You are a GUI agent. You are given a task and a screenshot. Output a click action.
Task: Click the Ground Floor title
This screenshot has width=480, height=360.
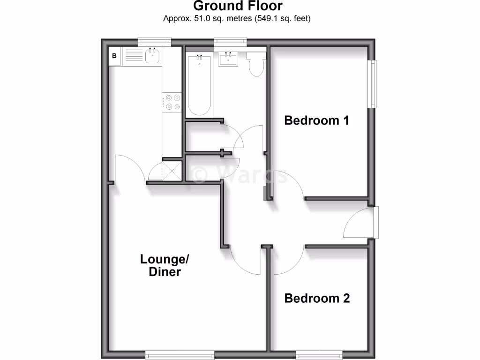click(238, 6)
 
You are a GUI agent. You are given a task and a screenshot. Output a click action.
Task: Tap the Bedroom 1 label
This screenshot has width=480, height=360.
click(317, 120)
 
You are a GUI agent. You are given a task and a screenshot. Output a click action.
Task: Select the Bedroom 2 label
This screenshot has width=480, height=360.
click(317, 298)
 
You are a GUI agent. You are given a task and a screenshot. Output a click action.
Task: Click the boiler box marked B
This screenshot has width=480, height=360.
click(114, 57)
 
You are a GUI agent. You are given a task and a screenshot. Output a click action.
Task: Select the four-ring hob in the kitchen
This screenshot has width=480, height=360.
click(172, 102)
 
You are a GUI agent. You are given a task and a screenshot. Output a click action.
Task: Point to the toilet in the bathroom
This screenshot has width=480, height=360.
click(256, 66)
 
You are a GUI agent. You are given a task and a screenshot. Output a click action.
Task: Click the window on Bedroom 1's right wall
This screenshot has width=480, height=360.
click(373, 84)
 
